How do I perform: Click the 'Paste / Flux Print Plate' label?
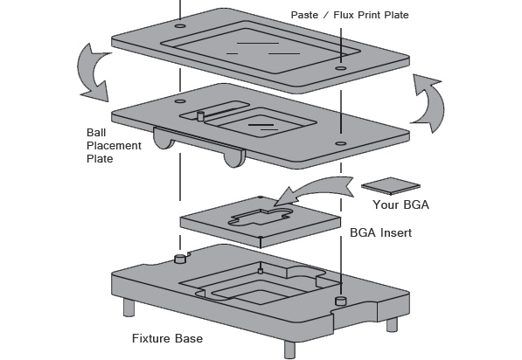point(350,15)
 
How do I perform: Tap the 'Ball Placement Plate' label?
point(114,146)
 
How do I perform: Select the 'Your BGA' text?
point(400,204)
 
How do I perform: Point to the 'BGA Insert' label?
point(381,232)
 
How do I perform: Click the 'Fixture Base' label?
point(168,338)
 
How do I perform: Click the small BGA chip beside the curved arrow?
point(391,186)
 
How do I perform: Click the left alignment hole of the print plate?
point(180,25)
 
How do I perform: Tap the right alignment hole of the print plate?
point(340,68)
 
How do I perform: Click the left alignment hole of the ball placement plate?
point(180,101)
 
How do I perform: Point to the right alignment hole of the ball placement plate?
point(340,143)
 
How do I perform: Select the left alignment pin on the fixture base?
point(180,259)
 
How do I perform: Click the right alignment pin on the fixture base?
point(340,301)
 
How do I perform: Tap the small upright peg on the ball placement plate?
point(200,116)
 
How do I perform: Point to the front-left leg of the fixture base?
point(129,308)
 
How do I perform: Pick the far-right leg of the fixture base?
point(392,324)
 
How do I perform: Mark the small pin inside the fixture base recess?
point(261,271)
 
